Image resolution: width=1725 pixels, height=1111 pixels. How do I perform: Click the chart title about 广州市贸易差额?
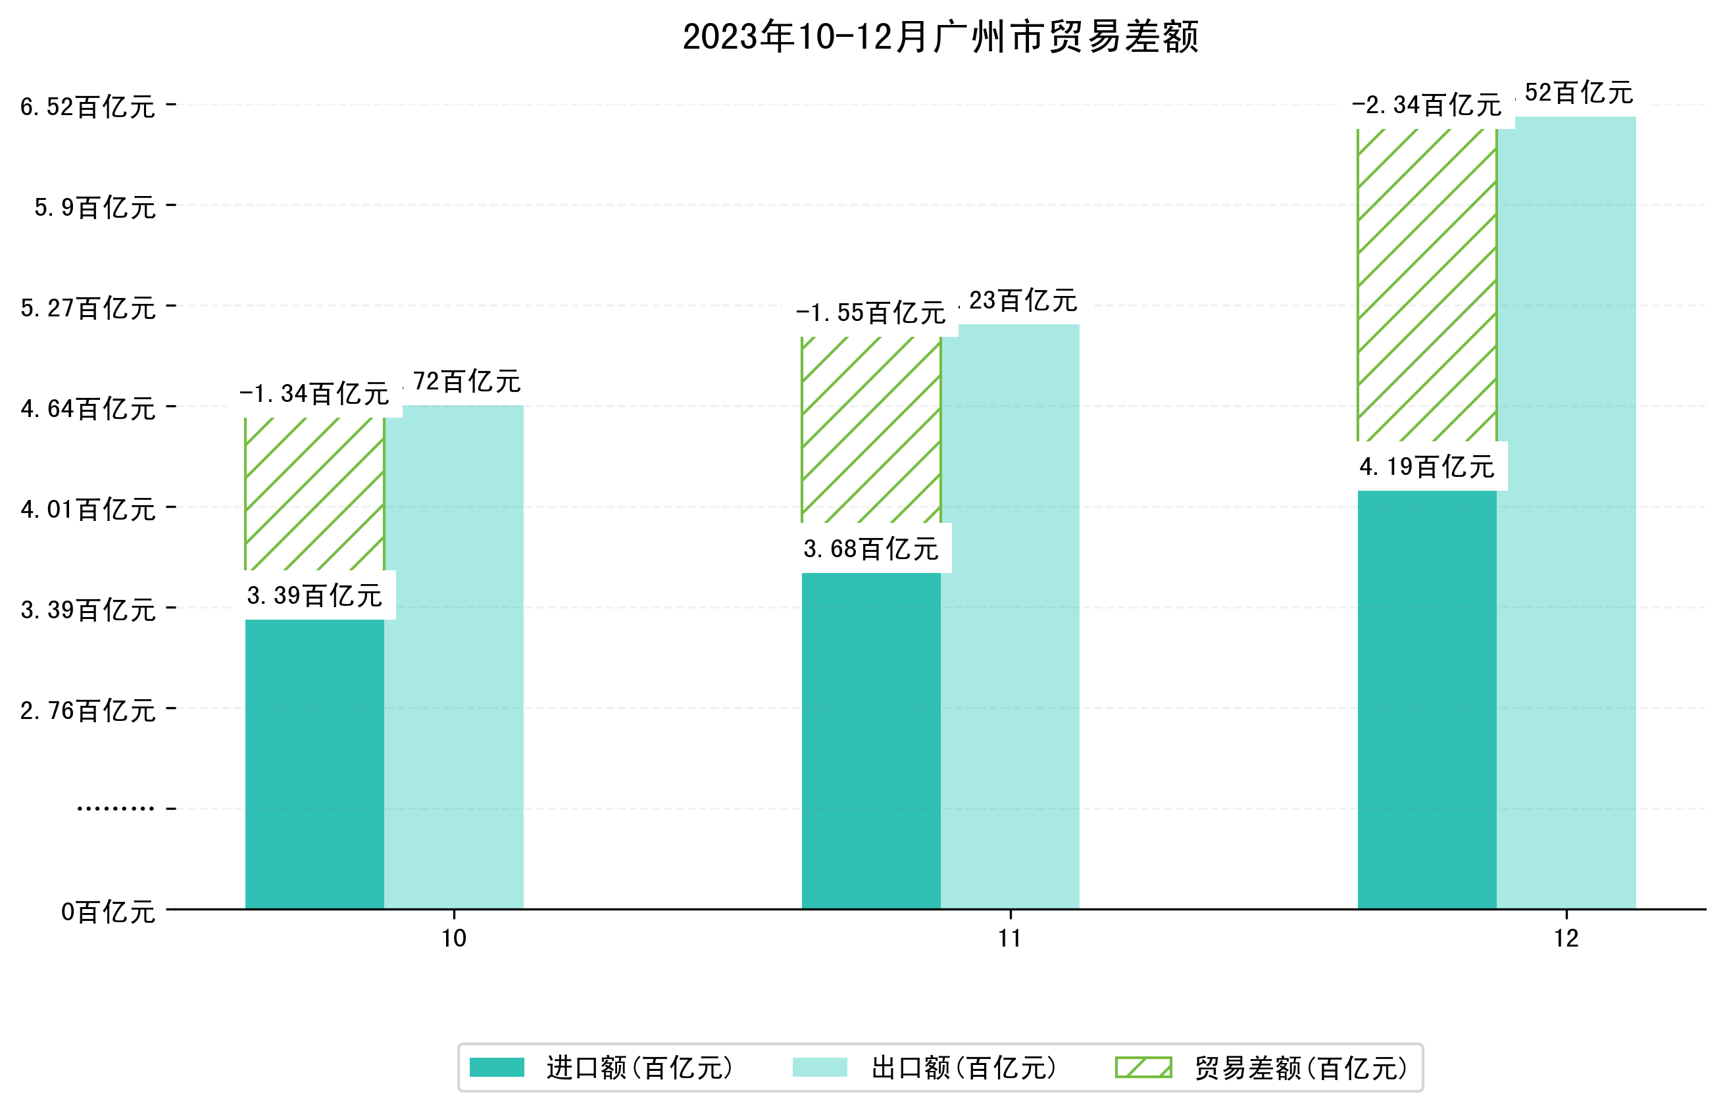[940, 37]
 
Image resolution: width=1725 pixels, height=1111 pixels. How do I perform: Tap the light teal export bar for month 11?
[1010, 616]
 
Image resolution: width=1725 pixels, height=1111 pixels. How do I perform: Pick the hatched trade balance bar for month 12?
[1426, 285]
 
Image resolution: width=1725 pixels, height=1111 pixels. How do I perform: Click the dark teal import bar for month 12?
[1426, 699]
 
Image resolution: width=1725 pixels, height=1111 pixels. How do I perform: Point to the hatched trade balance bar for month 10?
[314, 494]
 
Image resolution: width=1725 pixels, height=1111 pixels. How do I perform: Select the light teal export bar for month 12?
[1566, 512]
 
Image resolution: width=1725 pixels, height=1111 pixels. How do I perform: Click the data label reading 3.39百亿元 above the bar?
[314, 596]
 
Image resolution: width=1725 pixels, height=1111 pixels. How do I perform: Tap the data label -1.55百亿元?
[870, 313]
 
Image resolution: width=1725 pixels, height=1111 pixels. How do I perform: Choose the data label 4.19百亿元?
[1426, 467]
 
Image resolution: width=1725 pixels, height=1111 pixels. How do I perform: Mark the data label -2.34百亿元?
[1426, 105]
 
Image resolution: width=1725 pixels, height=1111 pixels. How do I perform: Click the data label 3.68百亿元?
[871, 549]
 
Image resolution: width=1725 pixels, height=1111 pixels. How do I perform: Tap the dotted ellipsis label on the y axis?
[115, 808]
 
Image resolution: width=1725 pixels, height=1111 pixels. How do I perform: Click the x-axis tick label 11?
[1010, 939]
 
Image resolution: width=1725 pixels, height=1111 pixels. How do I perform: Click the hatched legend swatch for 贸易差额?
[1143, 1068]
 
